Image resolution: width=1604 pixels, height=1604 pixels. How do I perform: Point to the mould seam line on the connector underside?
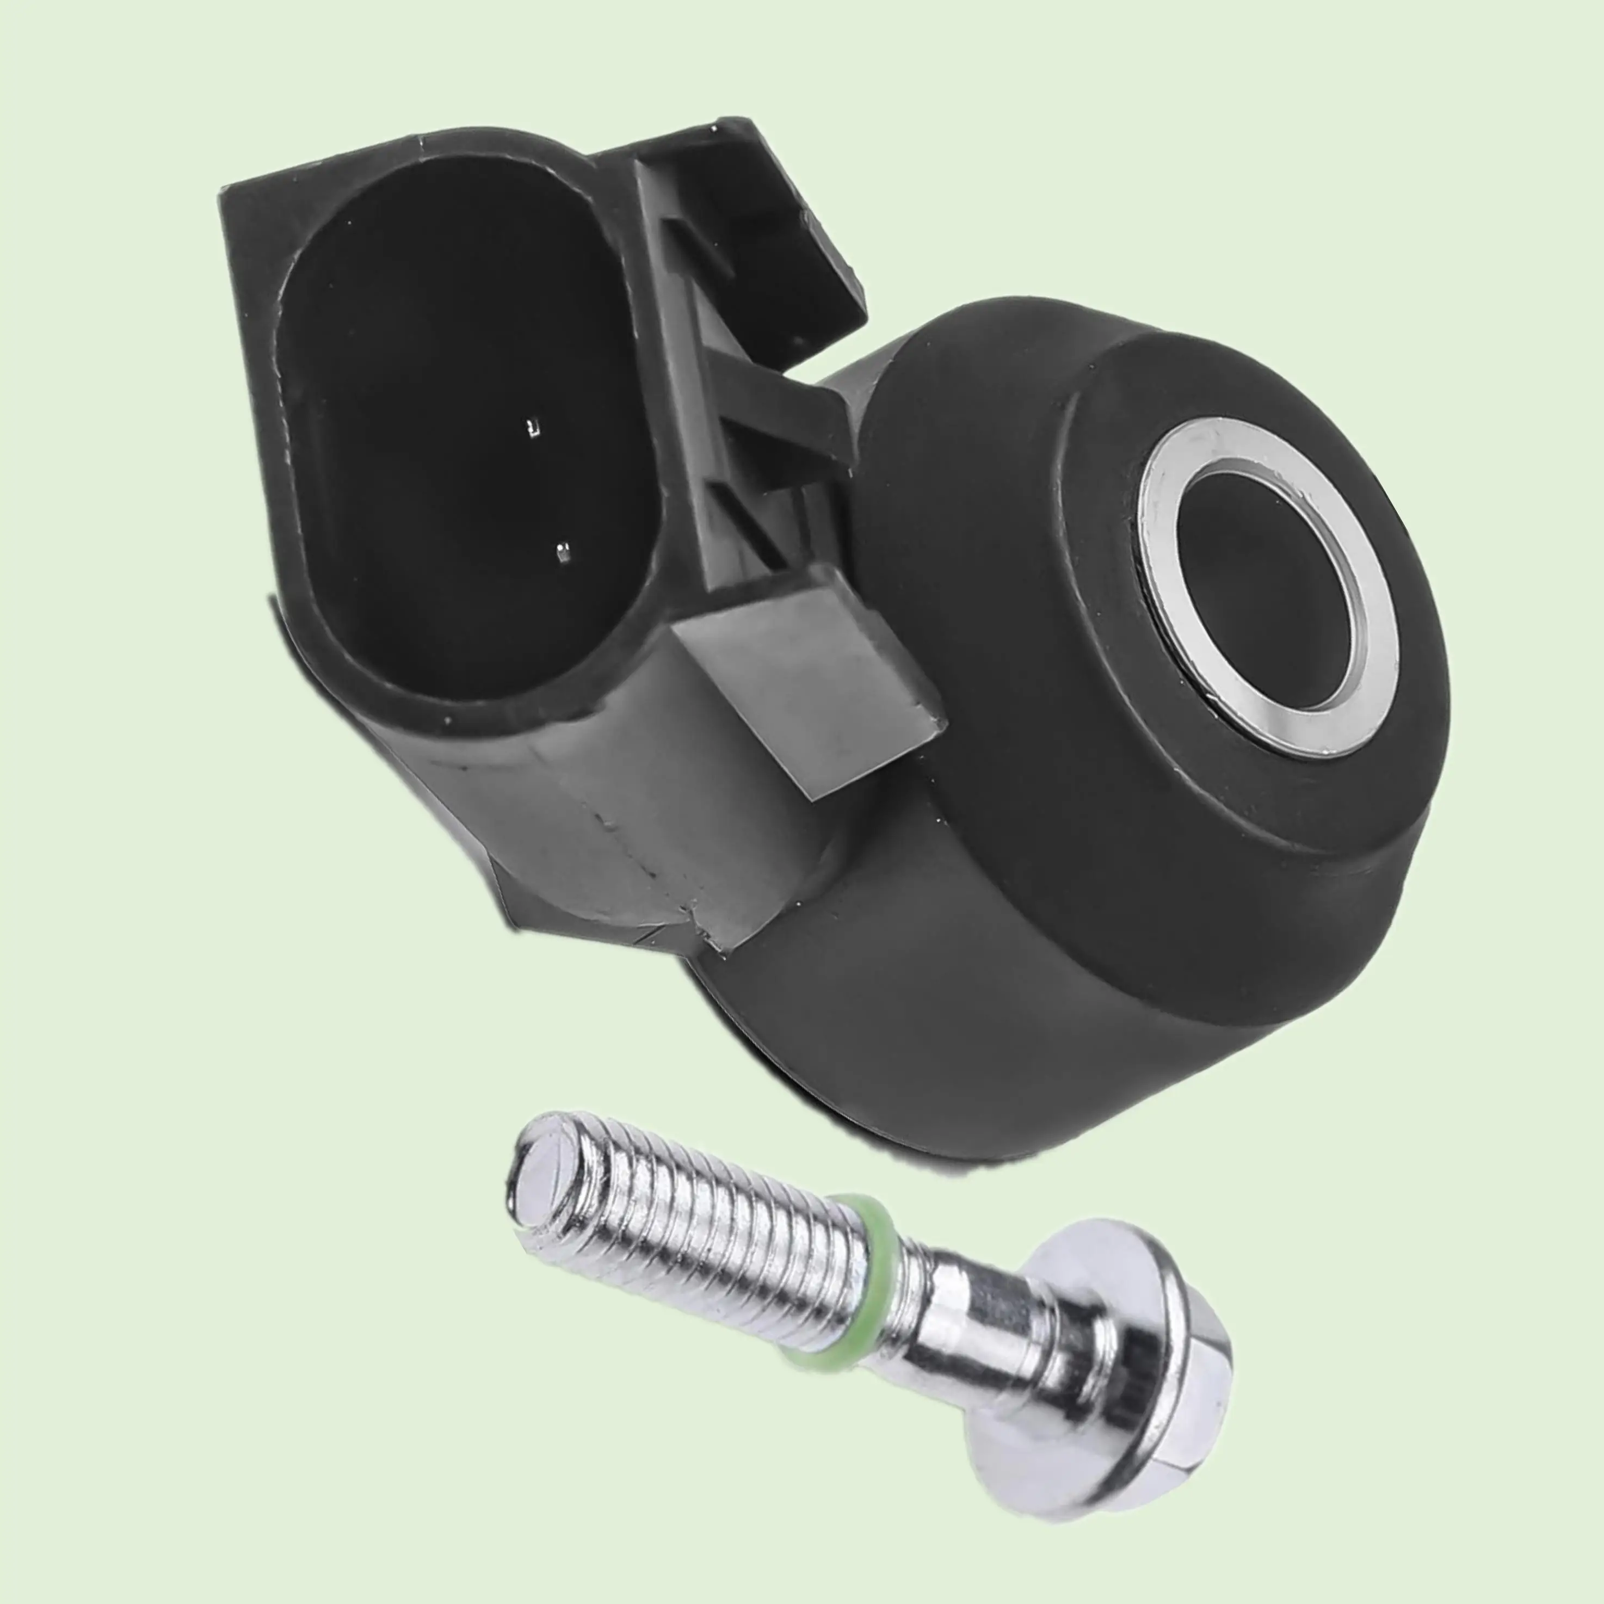631,863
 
